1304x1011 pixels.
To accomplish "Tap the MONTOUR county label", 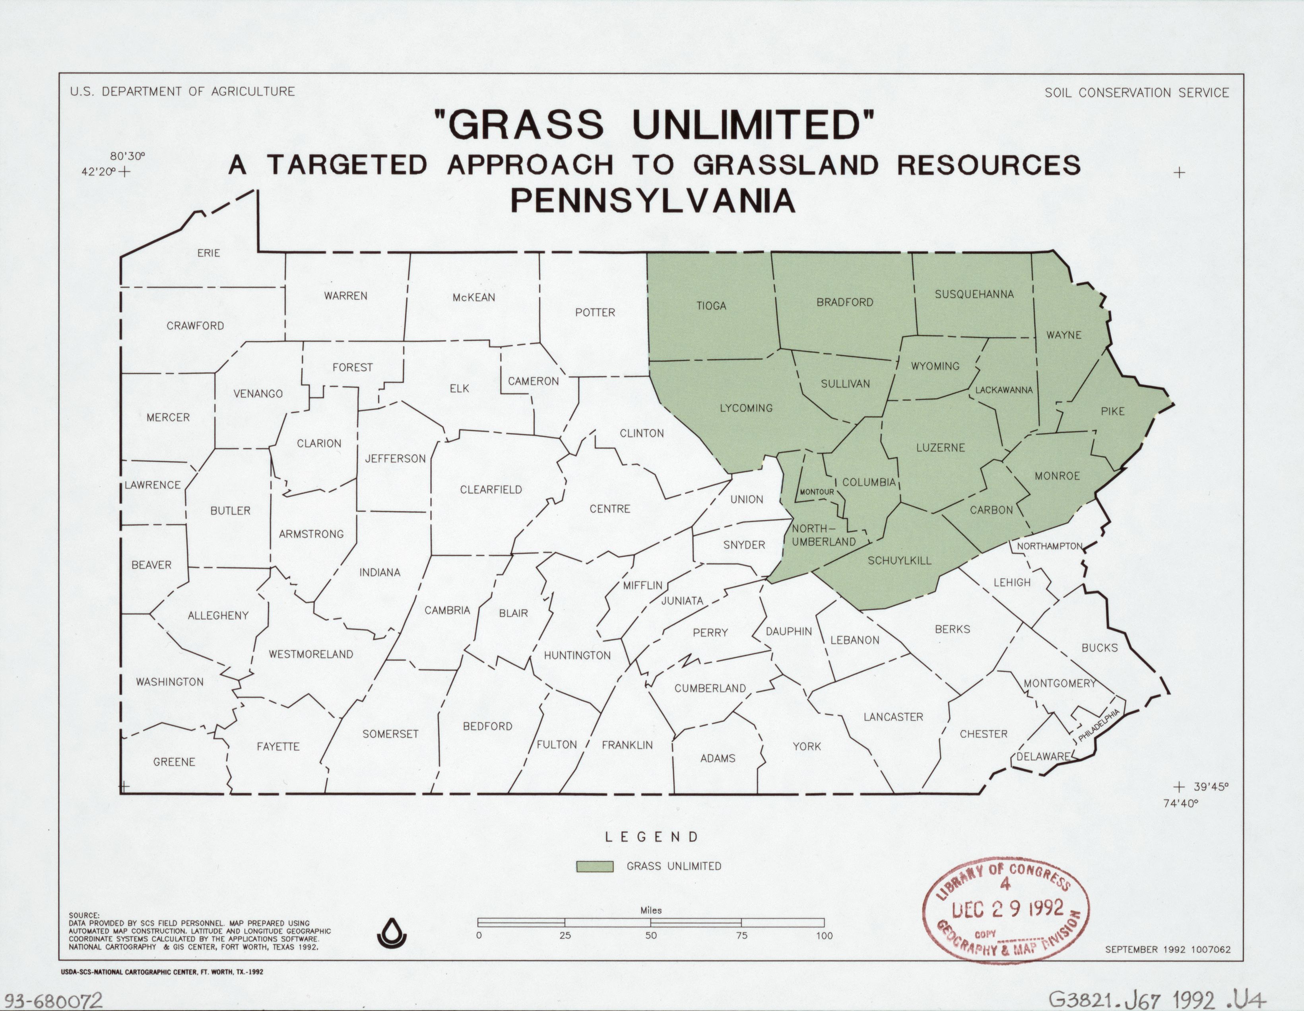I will [817, 492].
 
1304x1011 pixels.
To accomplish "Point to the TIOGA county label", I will [711, 306].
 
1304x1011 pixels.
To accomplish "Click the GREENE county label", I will [174, 762].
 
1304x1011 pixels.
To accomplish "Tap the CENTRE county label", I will [609, 509].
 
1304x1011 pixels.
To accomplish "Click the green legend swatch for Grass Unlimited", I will [595, 867].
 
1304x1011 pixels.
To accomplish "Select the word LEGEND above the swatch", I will [651, 837].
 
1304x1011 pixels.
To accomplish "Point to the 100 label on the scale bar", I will [824, 936].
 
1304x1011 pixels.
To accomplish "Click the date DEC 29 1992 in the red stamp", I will [1007, 909].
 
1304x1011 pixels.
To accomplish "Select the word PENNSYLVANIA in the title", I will [653, 201].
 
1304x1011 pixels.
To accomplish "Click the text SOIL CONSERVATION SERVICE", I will [1136, 93].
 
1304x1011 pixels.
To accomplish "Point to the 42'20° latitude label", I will [98, 171].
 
